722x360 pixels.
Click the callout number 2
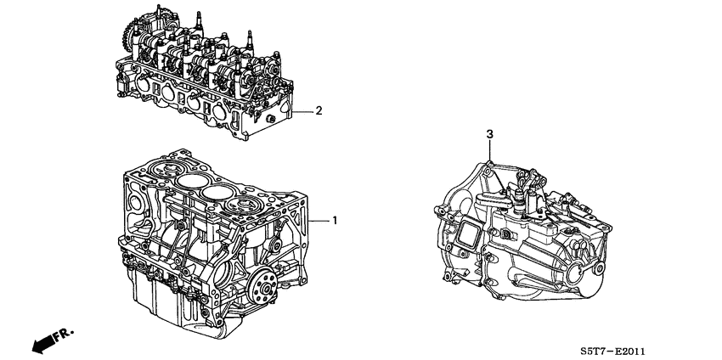click(319, 110)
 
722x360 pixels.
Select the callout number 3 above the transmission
click(489, 134)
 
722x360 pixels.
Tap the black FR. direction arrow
click(42, 342)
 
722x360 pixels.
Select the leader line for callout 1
click(319, 220)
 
